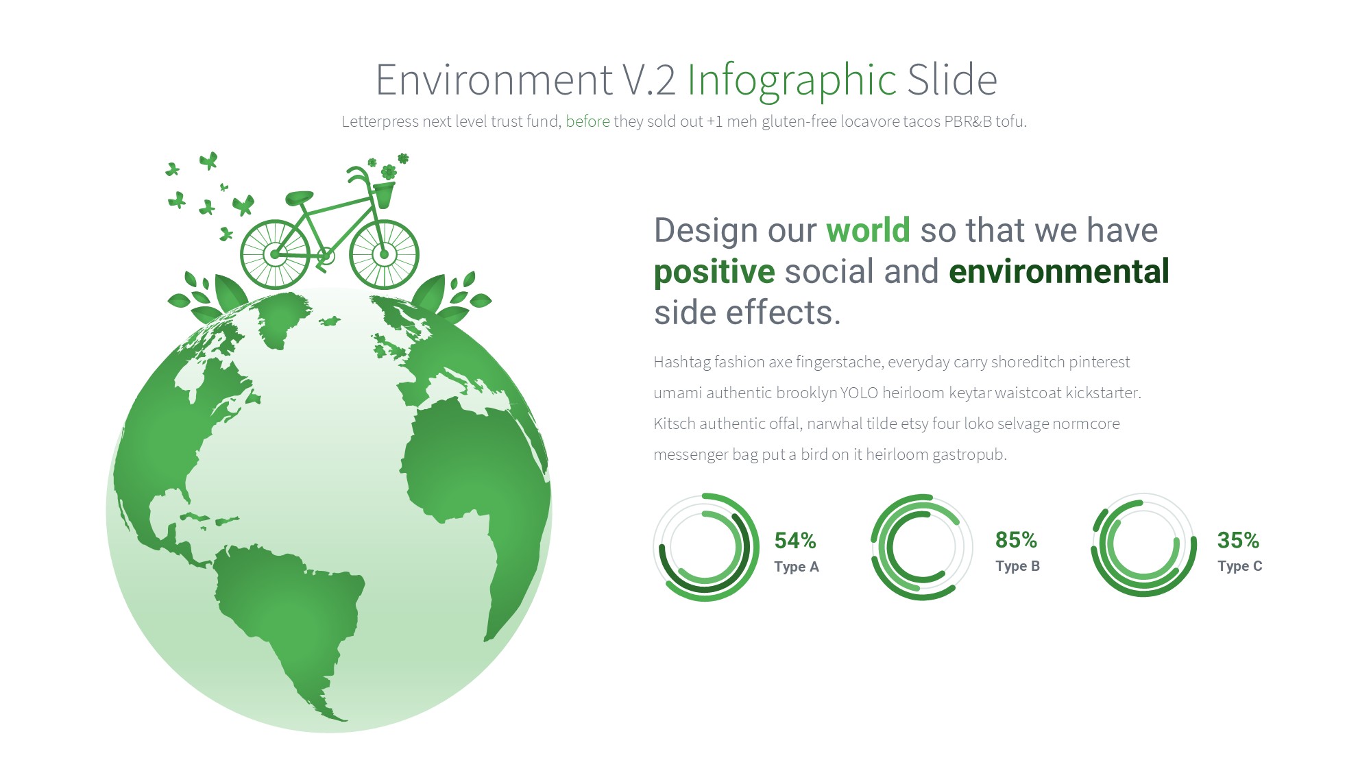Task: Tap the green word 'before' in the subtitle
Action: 587,121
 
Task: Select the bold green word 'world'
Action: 868,230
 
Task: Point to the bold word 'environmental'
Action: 1059,271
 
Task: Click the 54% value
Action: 795,541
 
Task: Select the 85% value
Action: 1016,540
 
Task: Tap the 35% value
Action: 1238,540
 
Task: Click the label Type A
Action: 797,567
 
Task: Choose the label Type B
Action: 1018,566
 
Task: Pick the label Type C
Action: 1240,566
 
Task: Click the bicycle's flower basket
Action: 383,195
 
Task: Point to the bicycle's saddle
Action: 299,198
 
